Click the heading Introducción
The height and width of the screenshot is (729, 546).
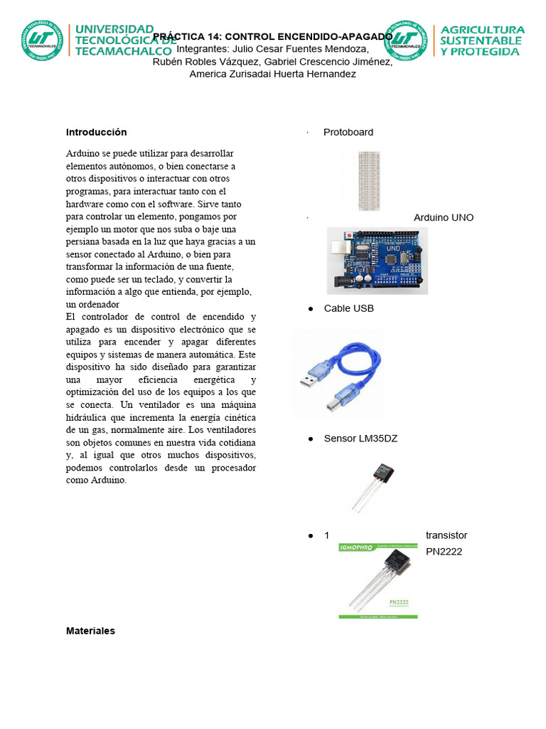[x=96, y=132]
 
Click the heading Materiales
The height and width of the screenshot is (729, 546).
[x=90, y=631]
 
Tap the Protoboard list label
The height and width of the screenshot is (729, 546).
[x=348, y=132]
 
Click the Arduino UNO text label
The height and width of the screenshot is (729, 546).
[x=444, y=217]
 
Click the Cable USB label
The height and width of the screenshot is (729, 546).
[x=348, y=308]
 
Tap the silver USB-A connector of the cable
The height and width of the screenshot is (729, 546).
[x=313, y=379]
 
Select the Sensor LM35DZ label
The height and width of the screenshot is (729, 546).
[x=360, y=439]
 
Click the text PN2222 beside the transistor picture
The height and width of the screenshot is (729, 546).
[x=444, y=551]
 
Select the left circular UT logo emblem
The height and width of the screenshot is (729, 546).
[x=41, y=41]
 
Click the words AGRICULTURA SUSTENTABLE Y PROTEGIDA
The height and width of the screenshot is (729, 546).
[x=483, y=41]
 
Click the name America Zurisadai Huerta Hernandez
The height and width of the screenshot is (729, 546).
[x=272, y=74]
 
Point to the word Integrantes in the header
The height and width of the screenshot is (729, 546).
[x=202, y=49]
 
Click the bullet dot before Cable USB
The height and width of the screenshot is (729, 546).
[x=311, y=309]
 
